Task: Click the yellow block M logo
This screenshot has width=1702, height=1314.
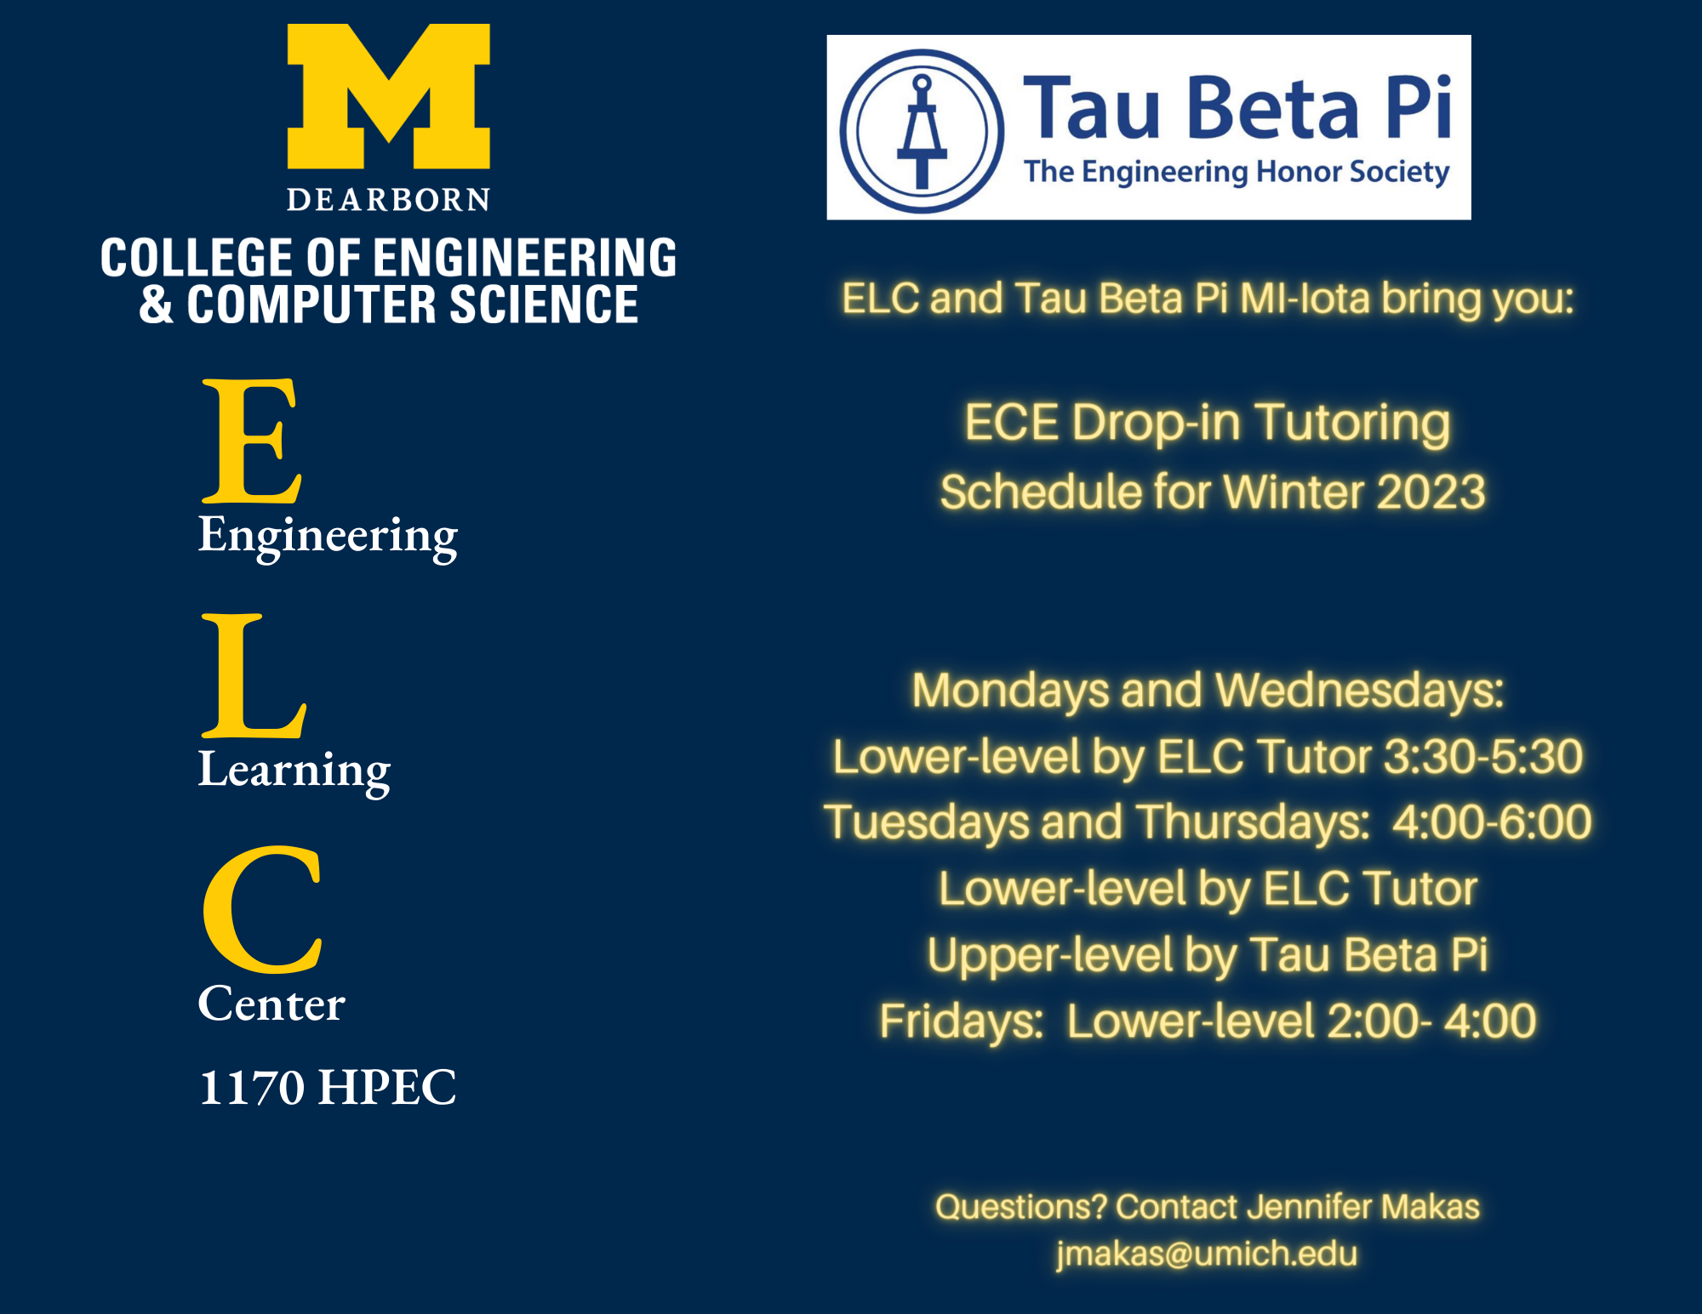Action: pos(388,95)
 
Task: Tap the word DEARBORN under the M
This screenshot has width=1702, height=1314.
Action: pos(388,200)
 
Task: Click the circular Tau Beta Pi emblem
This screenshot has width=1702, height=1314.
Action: pos(922,131)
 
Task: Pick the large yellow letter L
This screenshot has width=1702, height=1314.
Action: pos(253,676)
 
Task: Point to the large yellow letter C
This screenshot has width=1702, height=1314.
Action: pos(262,910)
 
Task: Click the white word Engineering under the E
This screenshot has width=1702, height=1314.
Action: pos(328,536)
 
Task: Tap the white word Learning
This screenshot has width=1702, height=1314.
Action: pos(294,771)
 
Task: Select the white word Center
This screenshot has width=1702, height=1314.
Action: pos(271,1004)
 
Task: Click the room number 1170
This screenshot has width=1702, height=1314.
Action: pos(251,1088)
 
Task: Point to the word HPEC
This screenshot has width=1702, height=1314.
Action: pos(386,1088)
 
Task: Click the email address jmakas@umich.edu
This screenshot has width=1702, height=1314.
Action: pos(1207,1254)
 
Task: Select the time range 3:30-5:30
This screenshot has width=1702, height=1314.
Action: pos(1482,756)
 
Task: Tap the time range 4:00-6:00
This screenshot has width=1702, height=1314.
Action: pos(1492,822)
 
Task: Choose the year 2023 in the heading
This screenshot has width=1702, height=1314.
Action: pos(1431,492)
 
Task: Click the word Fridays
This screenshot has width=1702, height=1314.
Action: pos(961,1021)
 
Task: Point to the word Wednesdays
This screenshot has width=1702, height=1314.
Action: pos(1359,690)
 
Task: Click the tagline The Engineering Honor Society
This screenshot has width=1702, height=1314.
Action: pos(1236,172)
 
